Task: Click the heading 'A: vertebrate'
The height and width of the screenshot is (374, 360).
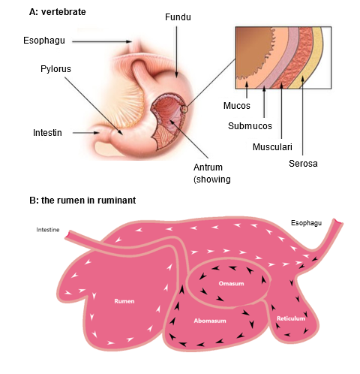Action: pos(57,12)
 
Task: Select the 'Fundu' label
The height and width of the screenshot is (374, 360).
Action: pos(178,17)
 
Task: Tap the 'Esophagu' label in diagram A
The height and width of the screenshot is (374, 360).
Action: pos(44,41)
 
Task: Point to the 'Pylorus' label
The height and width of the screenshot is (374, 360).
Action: pos(55,69)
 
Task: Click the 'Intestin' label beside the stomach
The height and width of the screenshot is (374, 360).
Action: pos(47,133)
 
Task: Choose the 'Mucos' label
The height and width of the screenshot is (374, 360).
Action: pos(236,106)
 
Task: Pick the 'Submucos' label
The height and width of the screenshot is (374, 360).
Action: pos(250,126)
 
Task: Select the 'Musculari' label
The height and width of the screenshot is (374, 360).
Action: pos(272,147)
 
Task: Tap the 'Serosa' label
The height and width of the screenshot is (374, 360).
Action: pos(303,164)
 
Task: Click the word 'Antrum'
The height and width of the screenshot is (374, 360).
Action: pos(208,167)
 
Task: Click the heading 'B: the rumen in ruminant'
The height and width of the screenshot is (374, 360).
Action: pos(82,201)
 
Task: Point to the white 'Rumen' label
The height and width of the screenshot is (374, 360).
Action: pos(124,301)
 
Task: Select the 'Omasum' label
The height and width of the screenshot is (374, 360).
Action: pos(231,284)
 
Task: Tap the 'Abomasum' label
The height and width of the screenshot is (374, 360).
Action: pos(210,321)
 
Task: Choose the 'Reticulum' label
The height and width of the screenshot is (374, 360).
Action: pos(291,318)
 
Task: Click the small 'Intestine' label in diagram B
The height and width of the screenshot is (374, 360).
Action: pos(48,230)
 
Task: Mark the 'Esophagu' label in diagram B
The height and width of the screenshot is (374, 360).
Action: pos(306,223)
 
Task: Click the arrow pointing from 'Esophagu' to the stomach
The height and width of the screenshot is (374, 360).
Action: pos(102,41)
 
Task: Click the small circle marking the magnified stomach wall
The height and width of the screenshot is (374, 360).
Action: pos(184,109)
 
